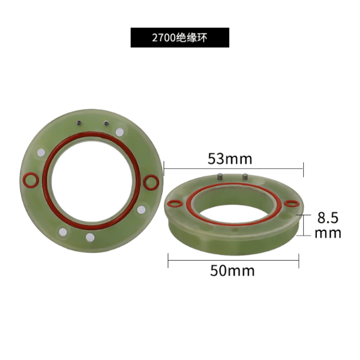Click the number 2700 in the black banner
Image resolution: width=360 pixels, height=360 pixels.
164,38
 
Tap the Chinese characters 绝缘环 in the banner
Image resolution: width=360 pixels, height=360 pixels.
192,38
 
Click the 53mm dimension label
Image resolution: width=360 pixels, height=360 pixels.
230,159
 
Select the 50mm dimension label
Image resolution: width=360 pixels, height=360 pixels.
232,271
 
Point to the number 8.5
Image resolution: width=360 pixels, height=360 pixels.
328,218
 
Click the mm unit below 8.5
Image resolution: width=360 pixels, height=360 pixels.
328,233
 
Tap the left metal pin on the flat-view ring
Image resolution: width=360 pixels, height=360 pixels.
79,123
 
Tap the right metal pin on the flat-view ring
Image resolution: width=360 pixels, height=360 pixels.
106,123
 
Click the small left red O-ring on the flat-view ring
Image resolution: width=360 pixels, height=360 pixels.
30,180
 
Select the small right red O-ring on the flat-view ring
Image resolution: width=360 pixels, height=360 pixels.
151,183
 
